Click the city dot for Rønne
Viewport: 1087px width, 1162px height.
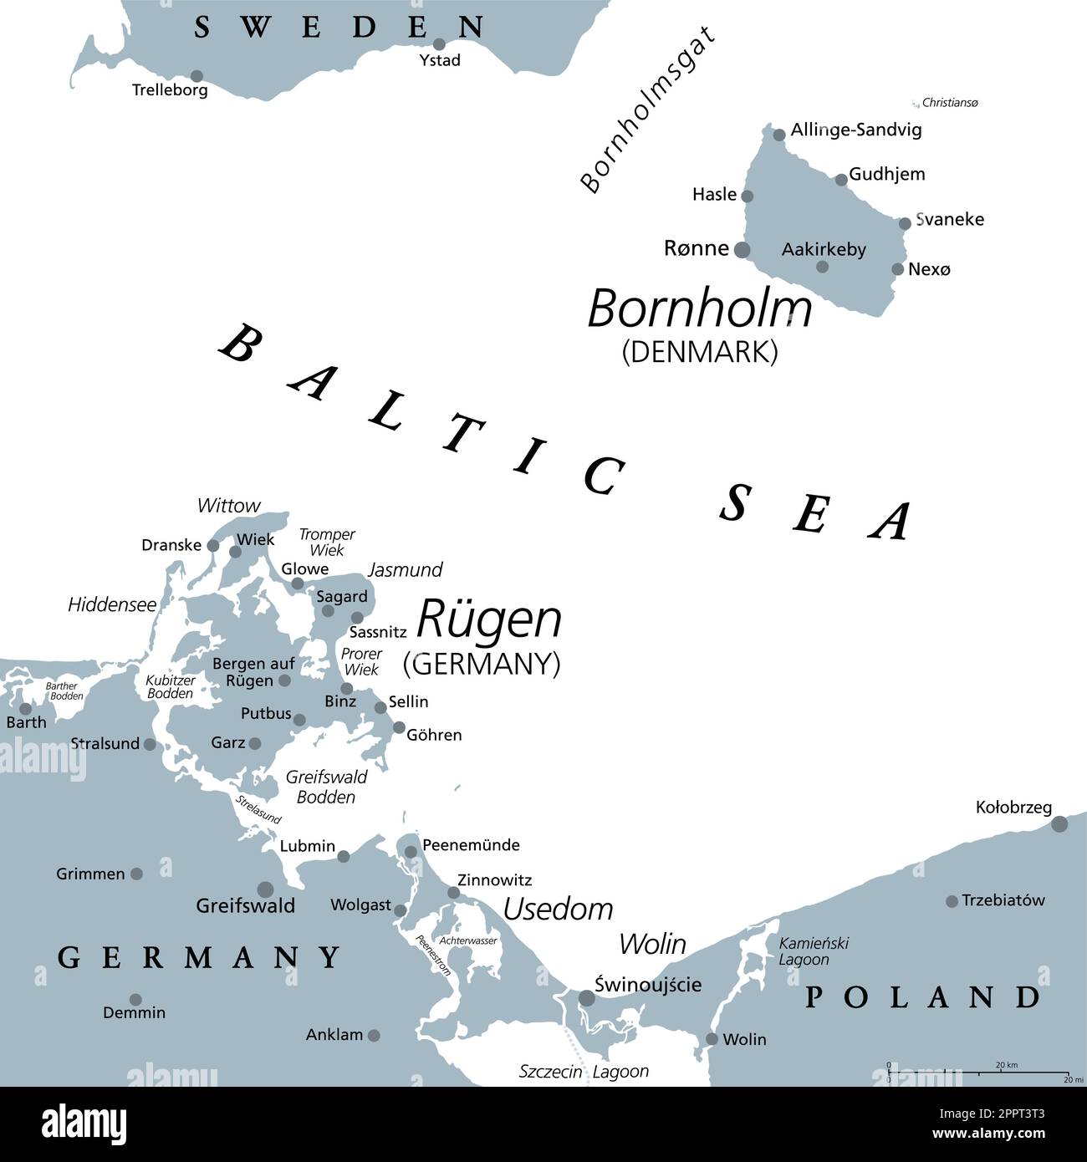(x=742, y=249)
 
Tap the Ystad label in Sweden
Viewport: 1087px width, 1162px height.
(x=440, y=60)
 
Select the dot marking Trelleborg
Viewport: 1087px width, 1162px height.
(x=197, y=76)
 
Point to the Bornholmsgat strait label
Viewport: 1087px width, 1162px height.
(x=648, y=110)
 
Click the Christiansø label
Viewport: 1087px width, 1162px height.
(x=949, y=103)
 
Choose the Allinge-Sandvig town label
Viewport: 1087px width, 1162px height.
(x=856, y=130)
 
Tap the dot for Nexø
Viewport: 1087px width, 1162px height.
(x=897, y=269)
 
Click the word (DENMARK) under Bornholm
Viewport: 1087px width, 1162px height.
(x=700, y=351)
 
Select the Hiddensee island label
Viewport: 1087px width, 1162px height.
(x=112, y=604)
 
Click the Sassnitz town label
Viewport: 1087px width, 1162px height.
(x=378, y=632)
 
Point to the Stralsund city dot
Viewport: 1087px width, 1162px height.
(x=150, y=744)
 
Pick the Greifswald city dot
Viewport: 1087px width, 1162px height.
(x=265, y=889)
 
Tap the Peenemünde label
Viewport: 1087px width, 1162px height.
(x=471, y=845)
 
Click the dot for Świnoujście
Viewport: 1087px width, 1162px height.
(x=587, y=998)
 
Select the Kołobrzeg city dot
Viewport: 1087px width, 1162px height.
(x=1059, y=824)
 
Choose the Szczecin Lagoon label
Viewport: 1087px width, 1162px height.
(x=584, y=1072)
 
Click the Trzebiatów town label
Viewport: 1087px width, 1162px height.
(x=1003, y=900)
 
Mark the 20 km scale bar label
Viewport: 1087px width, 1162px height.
(x=1006, y=1065)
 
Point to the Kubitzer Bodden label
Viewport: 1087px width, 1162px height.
(x=171, y=686)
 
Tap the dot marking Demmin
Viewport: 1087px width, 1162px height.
(x=135, y=1000)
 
